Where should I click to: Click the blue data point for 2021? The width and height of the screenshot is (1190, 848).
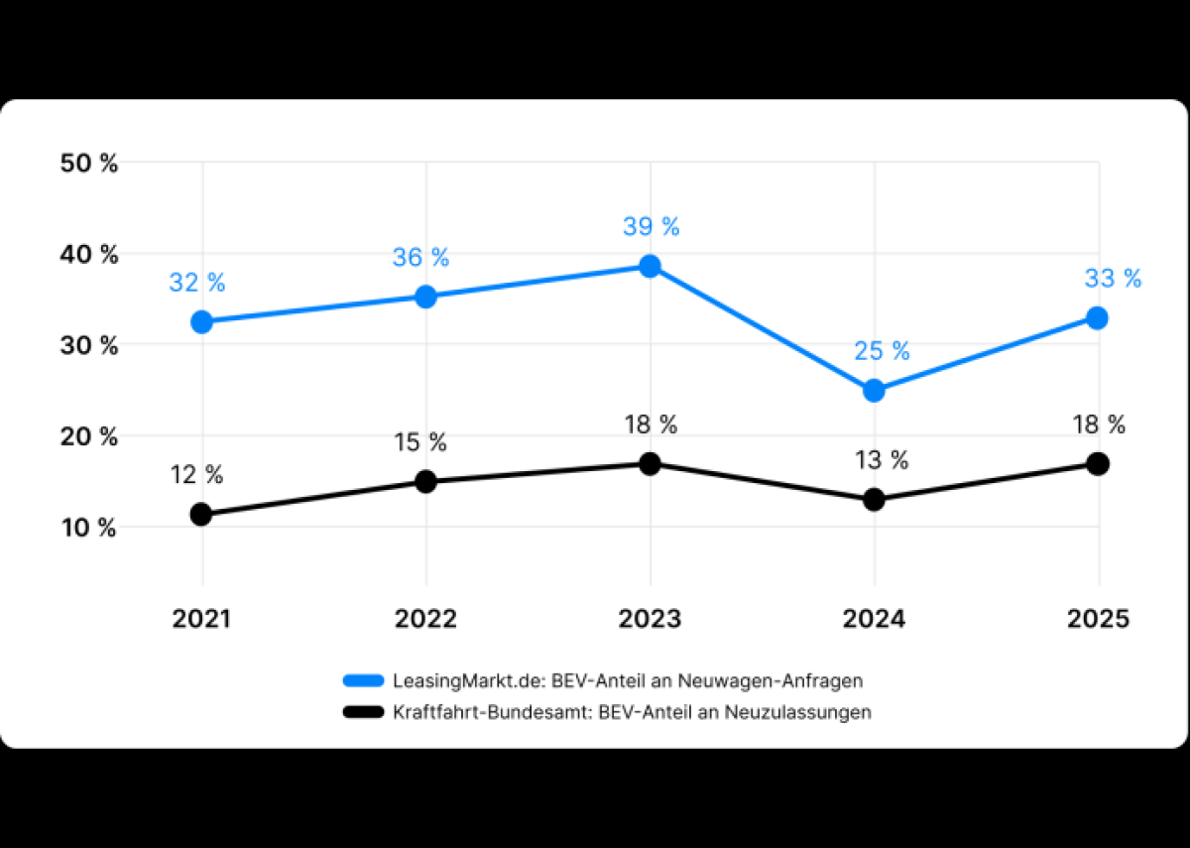point(202,321)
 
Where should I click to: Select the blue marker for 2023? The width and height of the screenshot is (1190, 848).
point(650,266)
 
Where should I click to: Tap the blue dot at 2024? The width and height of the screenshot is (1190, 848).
point(874,391)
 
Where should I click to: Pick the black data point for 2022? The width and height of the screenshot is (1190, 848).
point(425,482)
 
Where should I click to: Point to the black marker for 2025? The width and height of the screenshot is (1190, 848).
point(1098,463)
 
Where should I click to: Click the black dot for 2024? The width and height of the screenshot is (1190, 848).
point(874,500)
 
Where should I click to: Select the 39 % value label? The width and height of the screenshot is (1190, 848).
point(651,226)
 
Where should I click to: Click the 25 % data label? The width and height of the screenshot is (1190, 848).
point(882,351)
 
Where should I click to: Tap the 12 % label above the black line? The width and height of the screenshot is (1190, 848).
point(197,475)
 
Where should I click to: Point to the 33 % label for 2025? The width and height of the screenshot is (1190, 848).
point(1113,279)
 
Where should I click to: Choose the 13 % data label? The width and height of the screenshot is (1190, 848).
point(881,460)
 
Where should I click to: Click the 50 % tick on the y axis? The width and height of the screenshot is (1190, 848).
point(89,164)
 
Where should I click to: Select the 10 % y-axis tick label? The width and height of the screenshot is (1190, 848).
point(89,528)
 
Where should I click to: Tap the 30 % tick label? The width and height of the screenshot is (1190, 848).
point(89,346)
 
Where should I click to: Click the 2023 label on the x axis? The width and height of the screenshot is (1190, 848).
point(650,619)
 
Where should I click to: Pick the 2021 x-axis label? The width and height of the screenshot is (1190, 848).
point(201,619)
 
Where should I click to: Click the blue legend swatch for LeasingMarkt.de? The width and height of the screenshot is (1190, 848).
point(362,681)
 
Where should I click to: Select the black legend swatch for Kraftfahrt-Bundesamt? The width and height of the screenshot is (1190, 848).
point(362,712)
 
